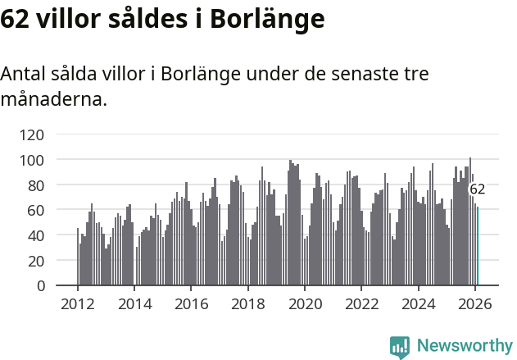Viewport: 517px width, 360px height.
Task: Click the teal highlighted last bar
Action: (x=478, y=246)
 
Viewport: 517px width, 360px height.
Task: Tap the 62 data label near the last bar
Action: (x=478, y=189)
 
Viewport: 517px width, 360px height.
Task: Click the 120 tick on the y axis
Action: (x=55, y=134)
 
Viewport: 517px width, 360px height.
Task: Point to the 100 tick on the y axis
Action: (x=55, y=160)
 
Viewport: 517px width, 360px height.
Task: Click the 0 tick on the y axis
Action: (x=63, y=286)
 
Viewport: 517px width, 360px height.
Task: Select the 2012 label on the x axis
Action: (x=78, y=304)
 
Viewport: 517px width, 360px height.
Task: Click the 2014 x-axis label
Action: (x=134, y=304)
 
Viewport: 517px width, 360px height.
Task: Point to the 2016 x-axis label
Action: (x=191, y=304)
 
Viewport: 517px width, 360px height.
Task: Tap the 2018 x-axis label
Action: (x=248, y=304)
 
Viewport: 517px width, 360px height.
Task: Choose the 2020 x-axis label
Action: (x=305, y=304)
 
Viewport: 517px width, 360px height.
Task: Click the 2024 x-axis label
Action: (x=419, y=304)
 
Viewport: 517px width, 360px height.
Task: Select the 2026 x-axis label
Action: (x=475, y=304)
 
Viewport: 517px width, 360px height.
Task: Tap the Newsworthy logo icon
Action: (x=400, y=347)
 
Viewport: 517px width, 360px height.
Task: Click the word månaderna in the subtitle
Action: (x=53, y=101)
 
